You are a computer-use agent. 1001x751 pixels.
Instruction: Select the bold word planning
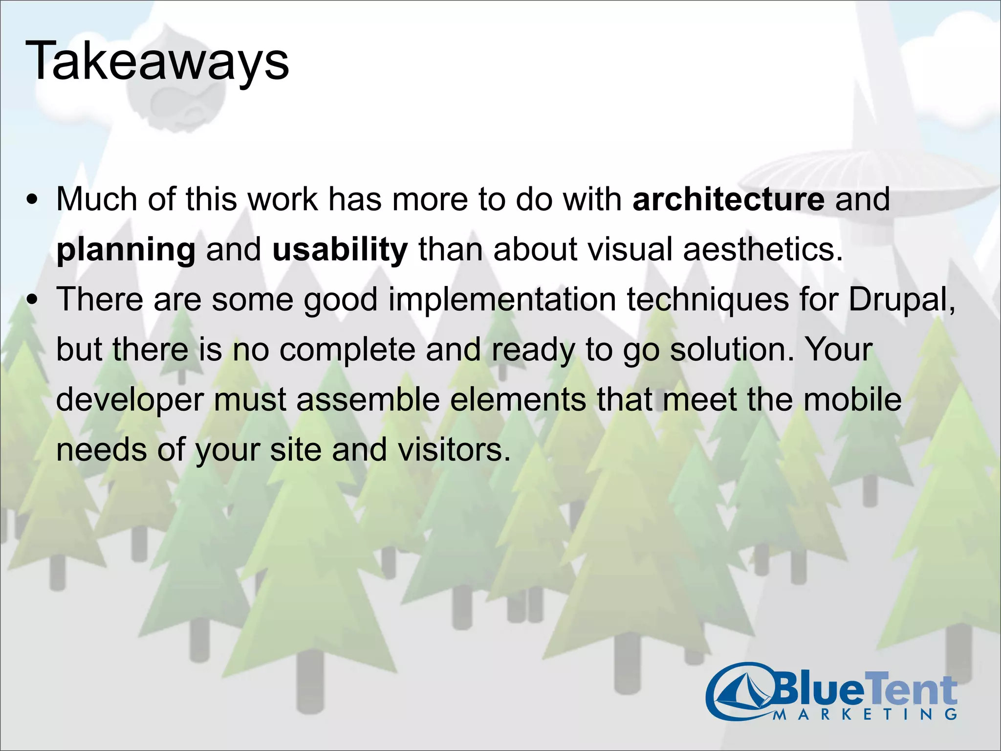coord(126,250)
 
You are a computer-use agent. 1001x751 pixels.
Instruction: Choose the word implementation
coord(502,299)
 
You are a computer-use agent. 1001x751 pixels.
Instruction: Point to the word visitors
coord(454,449)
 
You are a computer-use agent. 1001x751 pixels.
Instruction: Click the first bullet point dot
coord(32,200)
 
